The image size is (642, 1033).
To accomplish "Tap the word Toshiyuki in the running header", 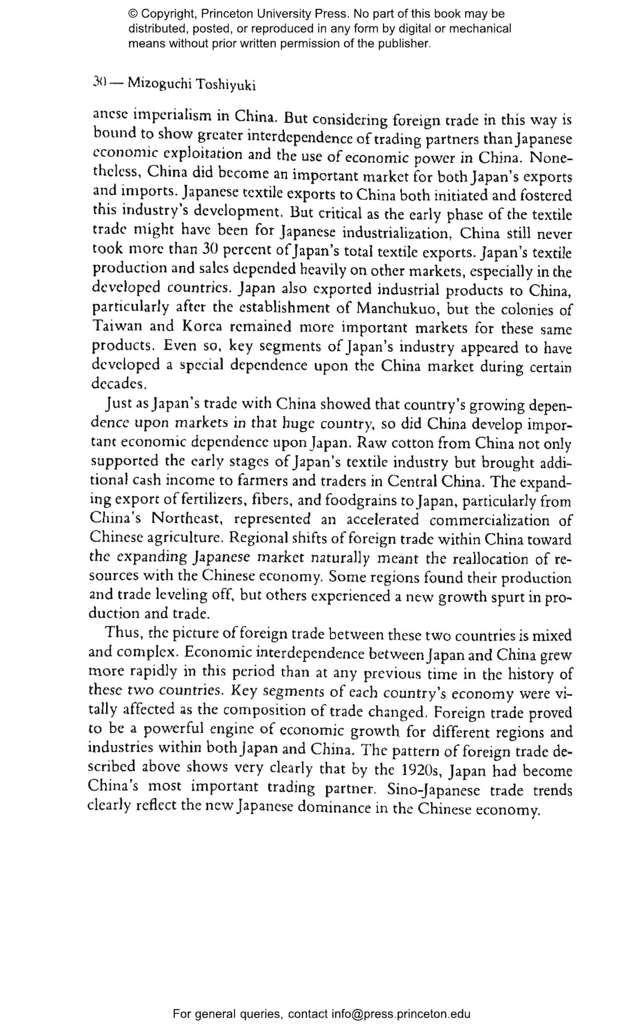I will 226,85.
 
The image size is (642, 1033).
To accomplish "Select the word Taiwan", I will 116,326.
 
